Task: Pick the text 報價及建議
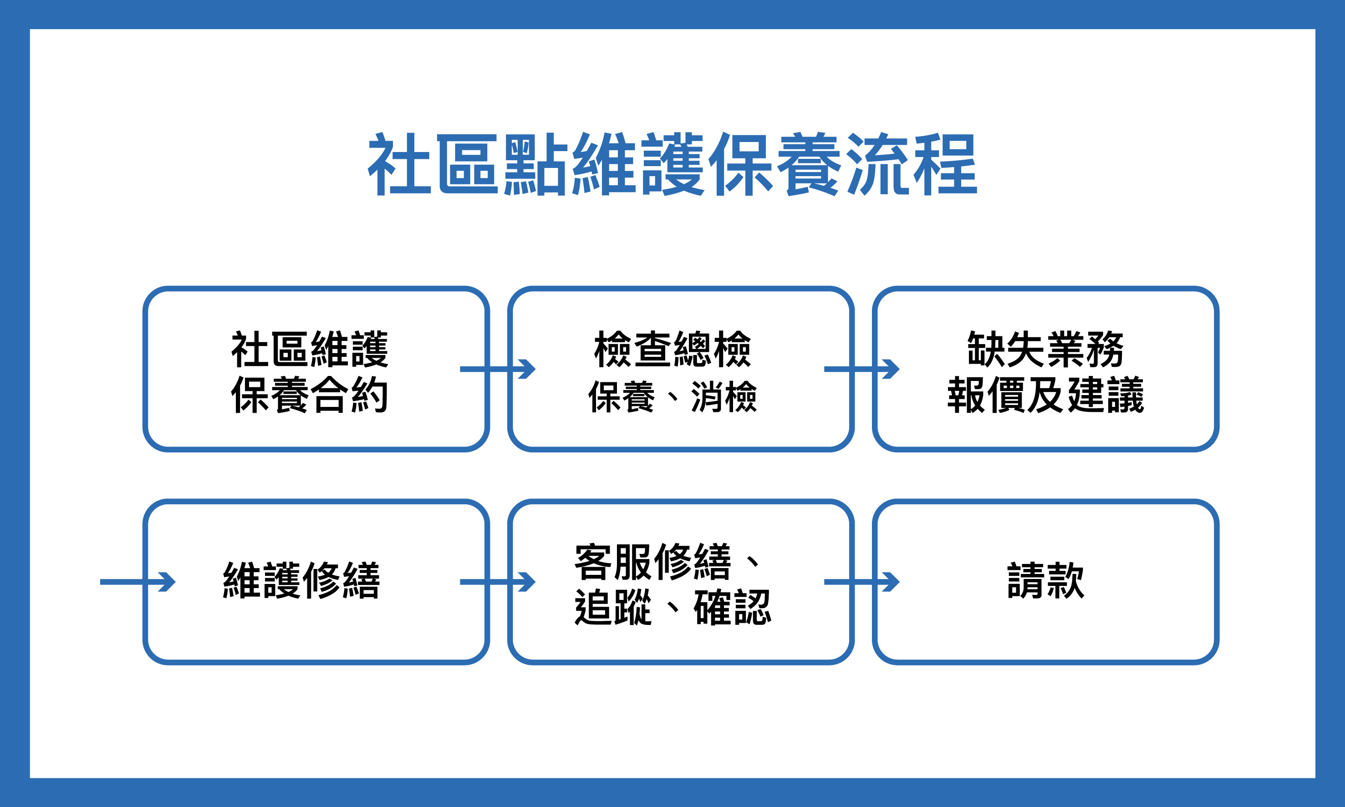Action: (1045, 395)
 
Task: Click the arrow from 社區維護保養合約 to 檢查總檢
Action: (498, 369)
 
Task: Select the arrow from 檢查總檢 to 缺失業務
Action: (862, 369)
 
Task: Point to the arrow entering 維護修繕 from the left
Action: (138, 582)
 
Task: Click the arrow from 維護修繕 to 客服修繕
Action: (498, 582)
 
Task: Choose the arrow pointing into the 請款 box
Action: (862, 582)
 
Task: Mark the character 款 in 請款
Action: (1065, 581)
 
